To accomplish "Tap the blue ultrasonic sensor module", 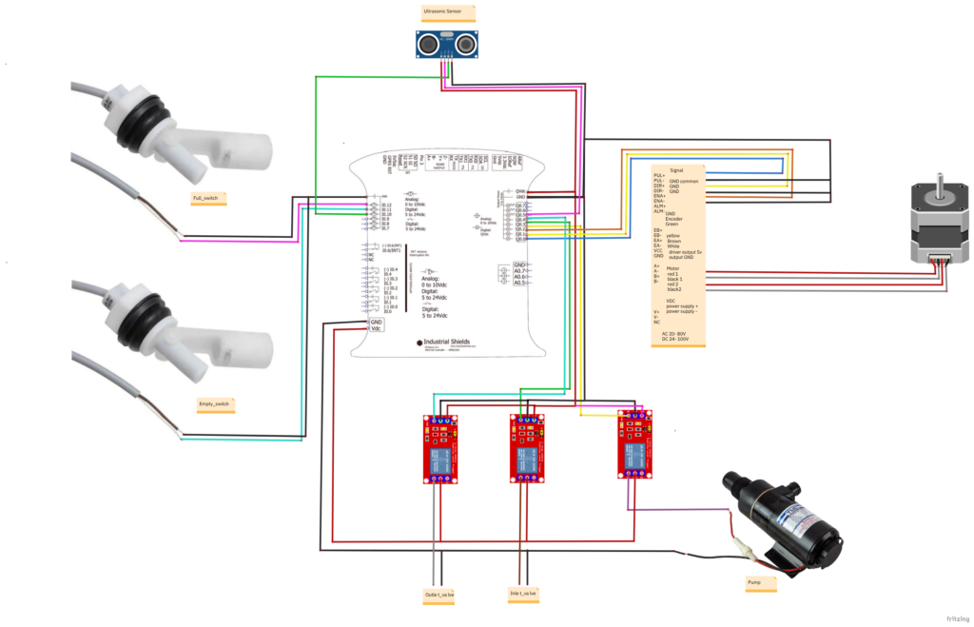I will click(x=446, y=44).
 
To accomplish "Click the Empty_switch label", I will click(x=214, y=404).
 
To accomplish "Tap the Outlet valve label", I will click(x=439, y=595).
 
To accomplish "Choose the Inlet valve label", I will click(x=522, y=594).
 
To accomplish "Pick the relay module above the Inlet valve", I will click(x=526, y=446).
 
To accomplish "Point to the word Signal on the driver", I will click(x=676, y=169).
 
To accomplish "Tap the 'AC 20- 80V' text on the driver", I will click(x=676, y=333).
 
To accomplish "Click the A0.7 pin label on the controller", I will click(x=520, y=273).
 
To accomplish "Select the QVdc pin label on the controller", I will click(x=520, y=190).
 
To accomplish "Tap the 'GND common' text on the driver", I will click(x=684, y=181).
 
